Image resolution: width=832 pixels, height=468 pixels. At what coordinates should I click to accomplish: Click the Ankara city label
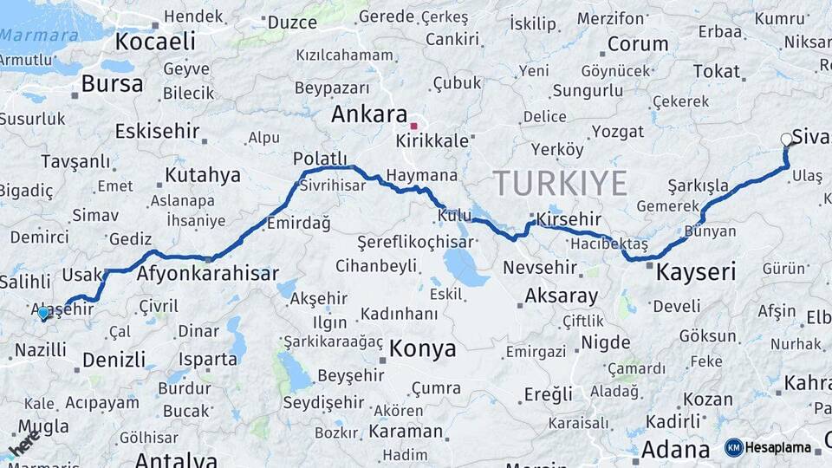(368, 114)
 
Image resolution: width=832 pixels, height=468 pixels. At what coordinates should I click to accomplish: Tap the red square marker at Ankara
(414, 126)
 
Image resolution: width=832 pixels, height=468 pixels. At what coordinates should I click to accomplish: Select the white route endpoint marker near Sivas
(786, 139)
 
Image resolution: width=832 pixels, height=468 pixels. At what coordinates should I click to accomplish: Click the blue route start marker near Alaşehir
(43, 313)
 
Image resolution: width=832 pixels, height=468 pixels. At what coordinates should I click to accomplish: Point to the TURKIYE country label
(560, 184)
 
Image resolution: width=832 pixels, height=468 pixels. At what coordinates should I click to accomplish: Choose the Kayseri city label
(696, 272)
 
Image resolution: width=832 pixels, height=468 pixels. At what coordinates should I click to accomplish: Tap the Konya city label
(422, 348)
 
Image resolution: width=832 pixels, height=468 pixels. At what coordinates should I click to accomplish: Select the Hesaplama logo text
(778, 447)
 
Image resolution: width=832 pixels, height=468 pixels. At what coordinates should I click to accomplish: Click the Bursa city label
(112, 84)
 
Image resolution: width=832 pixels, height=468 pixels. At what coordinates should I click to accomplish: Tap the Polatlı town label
(320, 158)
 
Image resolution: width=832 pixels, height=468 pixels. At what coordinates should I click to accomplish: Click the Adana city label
(675, 450)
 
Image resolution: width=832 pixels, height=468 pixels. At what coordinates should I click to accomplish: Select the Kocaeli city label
(155, 41)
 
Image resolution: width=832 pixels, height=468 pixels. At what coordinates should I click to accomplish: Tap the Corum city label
(637, 43)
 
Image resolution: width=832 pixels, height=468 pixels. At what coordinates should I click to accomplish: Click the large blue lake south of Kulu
(465, 268)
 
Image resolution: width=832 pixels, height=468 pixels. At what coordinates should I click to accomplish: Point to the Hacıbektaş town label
(604, 245)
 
